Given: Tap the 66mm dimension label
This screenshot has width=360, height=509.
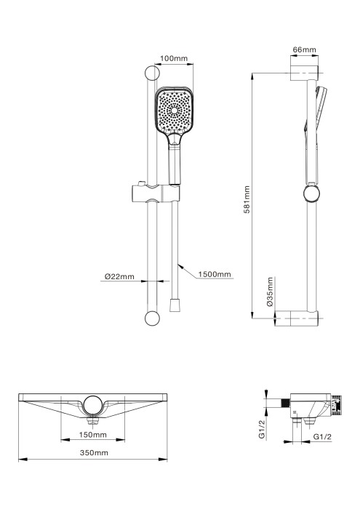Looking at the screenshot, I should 303,49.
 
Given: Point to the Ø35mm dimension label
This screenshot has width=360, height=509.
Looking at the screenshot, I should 270,292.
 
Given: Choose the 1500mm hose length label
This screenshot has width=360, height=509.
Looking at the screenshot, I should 215,274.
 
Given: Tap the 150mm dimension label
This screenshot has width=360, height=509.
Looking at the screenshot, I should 94,435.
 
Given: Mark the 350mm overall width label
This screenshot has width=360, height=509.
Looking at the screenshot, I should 94,452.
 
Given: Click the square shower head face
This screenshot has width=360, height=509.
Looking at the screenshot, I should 174,113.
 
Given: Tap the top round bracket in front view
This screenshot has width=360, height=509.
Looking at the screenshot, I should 153,73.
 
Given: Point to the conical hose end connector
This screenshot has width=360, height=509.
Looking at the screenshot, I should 175,304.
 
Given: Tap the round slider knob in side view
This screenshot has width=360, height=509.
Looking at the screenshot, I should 311,194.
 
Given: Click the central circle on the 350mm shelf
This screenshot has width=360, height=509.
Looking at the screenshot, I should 94,404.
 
